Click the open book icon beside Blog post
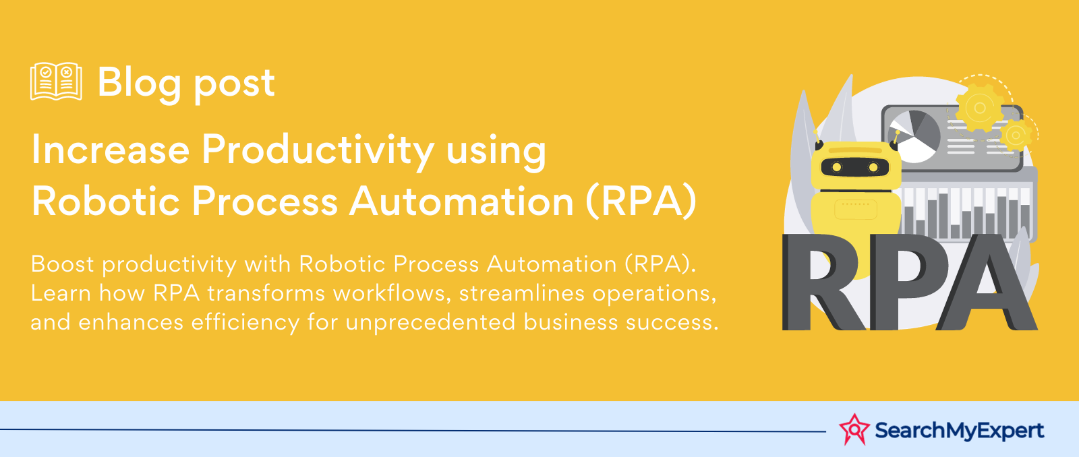pyautogui.click(x=56, y=81)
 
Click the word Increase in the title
pyautogui.click(x=111, y=150)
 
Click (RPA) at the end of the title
pyautogui.click(x=641, y=202)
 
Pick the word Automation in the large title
pyautogui.click(x=461, y=201)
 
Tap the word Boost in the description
pyautogui.click(x=63, y=264)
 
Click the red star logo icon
pyautogui.click(x=854, y=429)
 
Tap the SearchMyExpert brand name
pyautogui.click(x=960, y=431)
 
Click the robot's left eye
pyautogui.click(x=837, y=167)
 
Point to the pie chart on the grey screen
pyautogui.click(x=914, y=135)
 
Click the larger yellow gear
pyautogui.click(x=980, y=108)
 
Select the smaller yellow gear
pyautogui.click(x=1016, y=135)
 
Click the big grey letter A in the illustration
pyautogui.click(x=987, y=282)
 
